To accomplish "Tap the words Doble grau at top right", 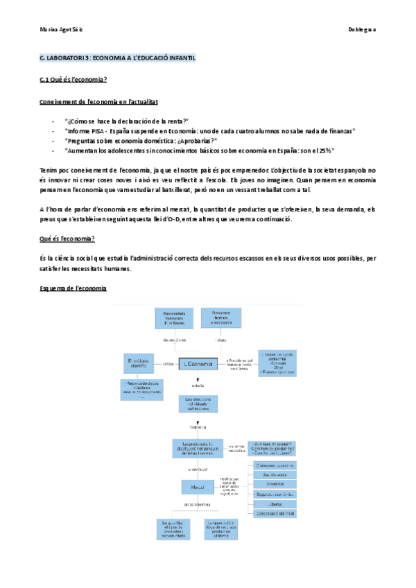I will tap(361, 30).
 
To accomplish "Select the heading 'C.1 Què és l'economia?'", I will tap(73, 80).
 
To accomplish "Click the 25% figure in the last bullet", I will tap(327, 150).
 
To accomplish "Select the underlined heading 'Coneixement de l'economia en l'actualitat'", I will tap(98, 102).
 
